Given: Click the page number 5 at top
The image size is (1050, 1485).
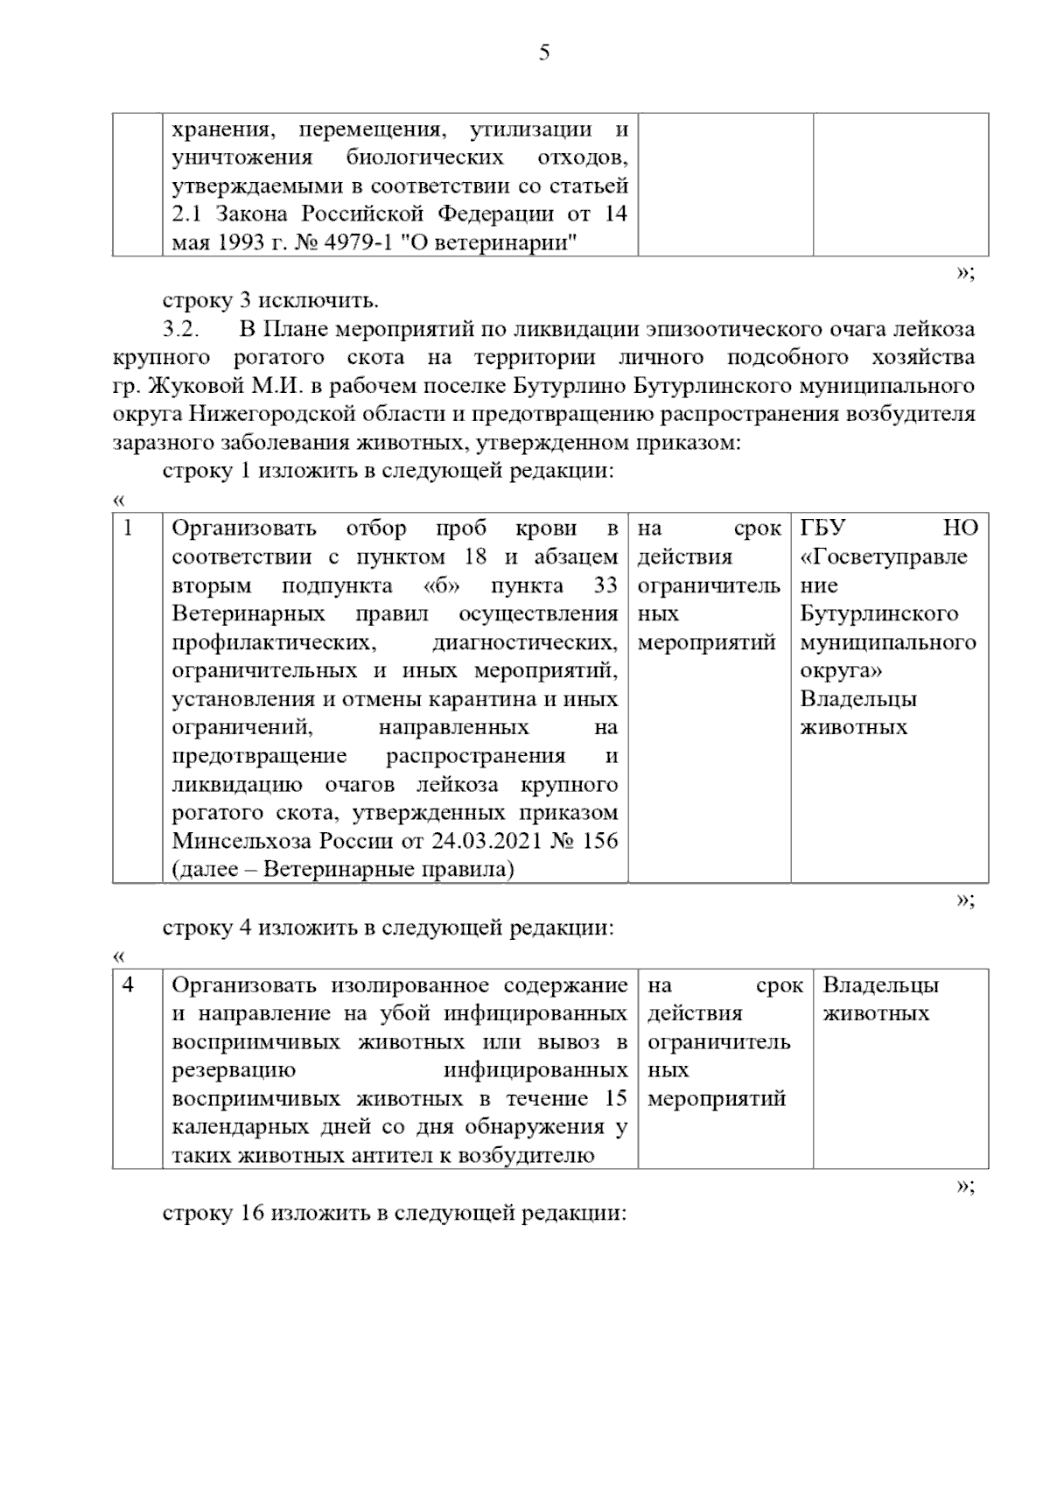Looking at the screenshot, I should click(544, 53).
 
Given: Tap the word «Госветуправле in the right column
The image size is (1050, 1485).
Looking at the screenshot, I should click(884, 557).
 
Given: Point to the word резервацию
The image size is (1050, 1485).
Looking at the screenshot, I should click(234, 1070).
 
